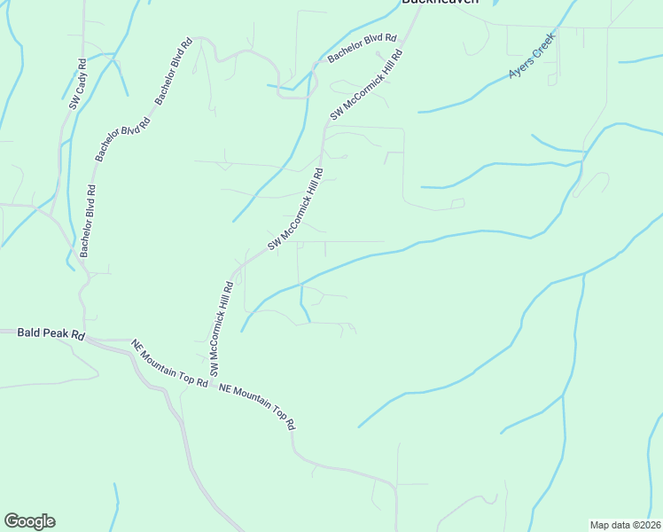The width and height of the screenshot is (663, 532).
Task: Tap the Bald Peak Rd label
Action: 51,334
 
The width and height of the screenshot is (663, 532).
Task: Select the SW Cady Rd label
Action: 77,84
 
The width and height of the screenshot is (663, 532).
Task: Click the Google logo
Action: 29,521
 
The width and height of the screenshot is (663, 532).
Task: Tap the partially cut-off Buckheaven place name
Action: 440,3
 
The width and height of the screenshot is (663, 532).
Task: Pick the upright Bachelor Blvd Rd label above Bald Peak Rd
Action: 88,221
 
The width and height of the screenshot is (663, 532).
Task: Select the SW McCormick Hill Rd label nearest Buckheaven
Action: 366,85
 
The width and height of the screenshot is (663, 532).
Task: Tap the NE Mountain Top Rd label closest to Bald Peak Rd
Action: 169,364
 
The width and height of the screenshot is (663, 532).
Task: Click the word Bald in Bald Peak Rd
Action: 28,334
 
